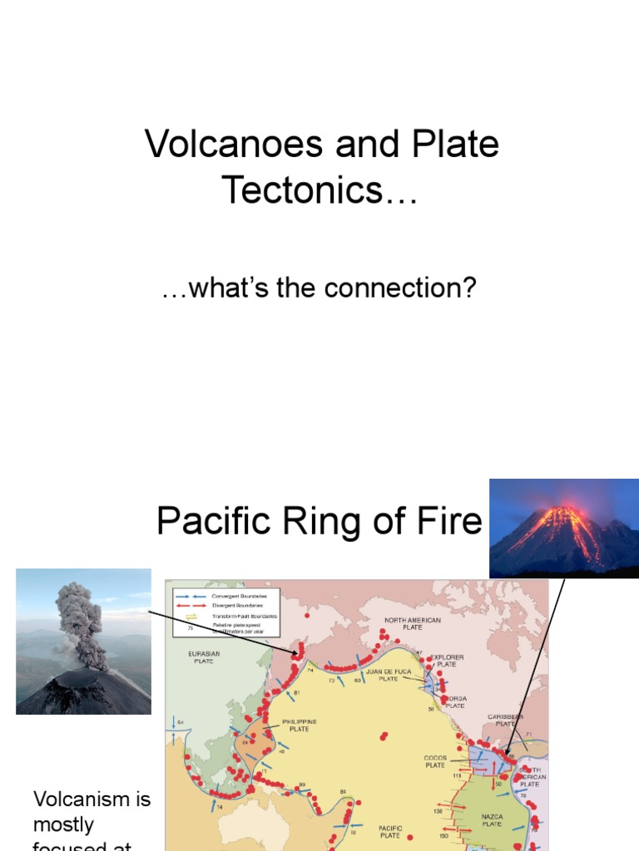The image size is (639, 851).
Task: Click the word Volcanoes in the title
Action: click(x=234, y=145)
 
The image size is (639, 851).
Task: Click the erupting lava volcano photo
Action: click(x=563, y=528)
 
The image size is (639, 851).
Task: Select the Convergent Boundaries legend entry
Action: click(x=240, y=596)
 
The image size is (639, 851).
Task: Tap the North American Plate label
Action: click(x=412, y=624)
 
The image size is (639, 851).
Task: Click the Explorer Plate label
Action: click(x=446, y=661)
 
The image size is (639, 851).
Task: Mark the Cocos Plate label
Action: click(x=435, y=762)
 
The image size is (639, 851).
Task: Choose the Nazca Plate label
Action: click(x=492, y=820)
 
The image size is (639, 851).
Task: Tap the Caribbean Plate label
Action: click(x=505, y=719)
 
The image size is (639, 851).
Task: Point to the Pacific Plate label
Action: click(x=390, y=831)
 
